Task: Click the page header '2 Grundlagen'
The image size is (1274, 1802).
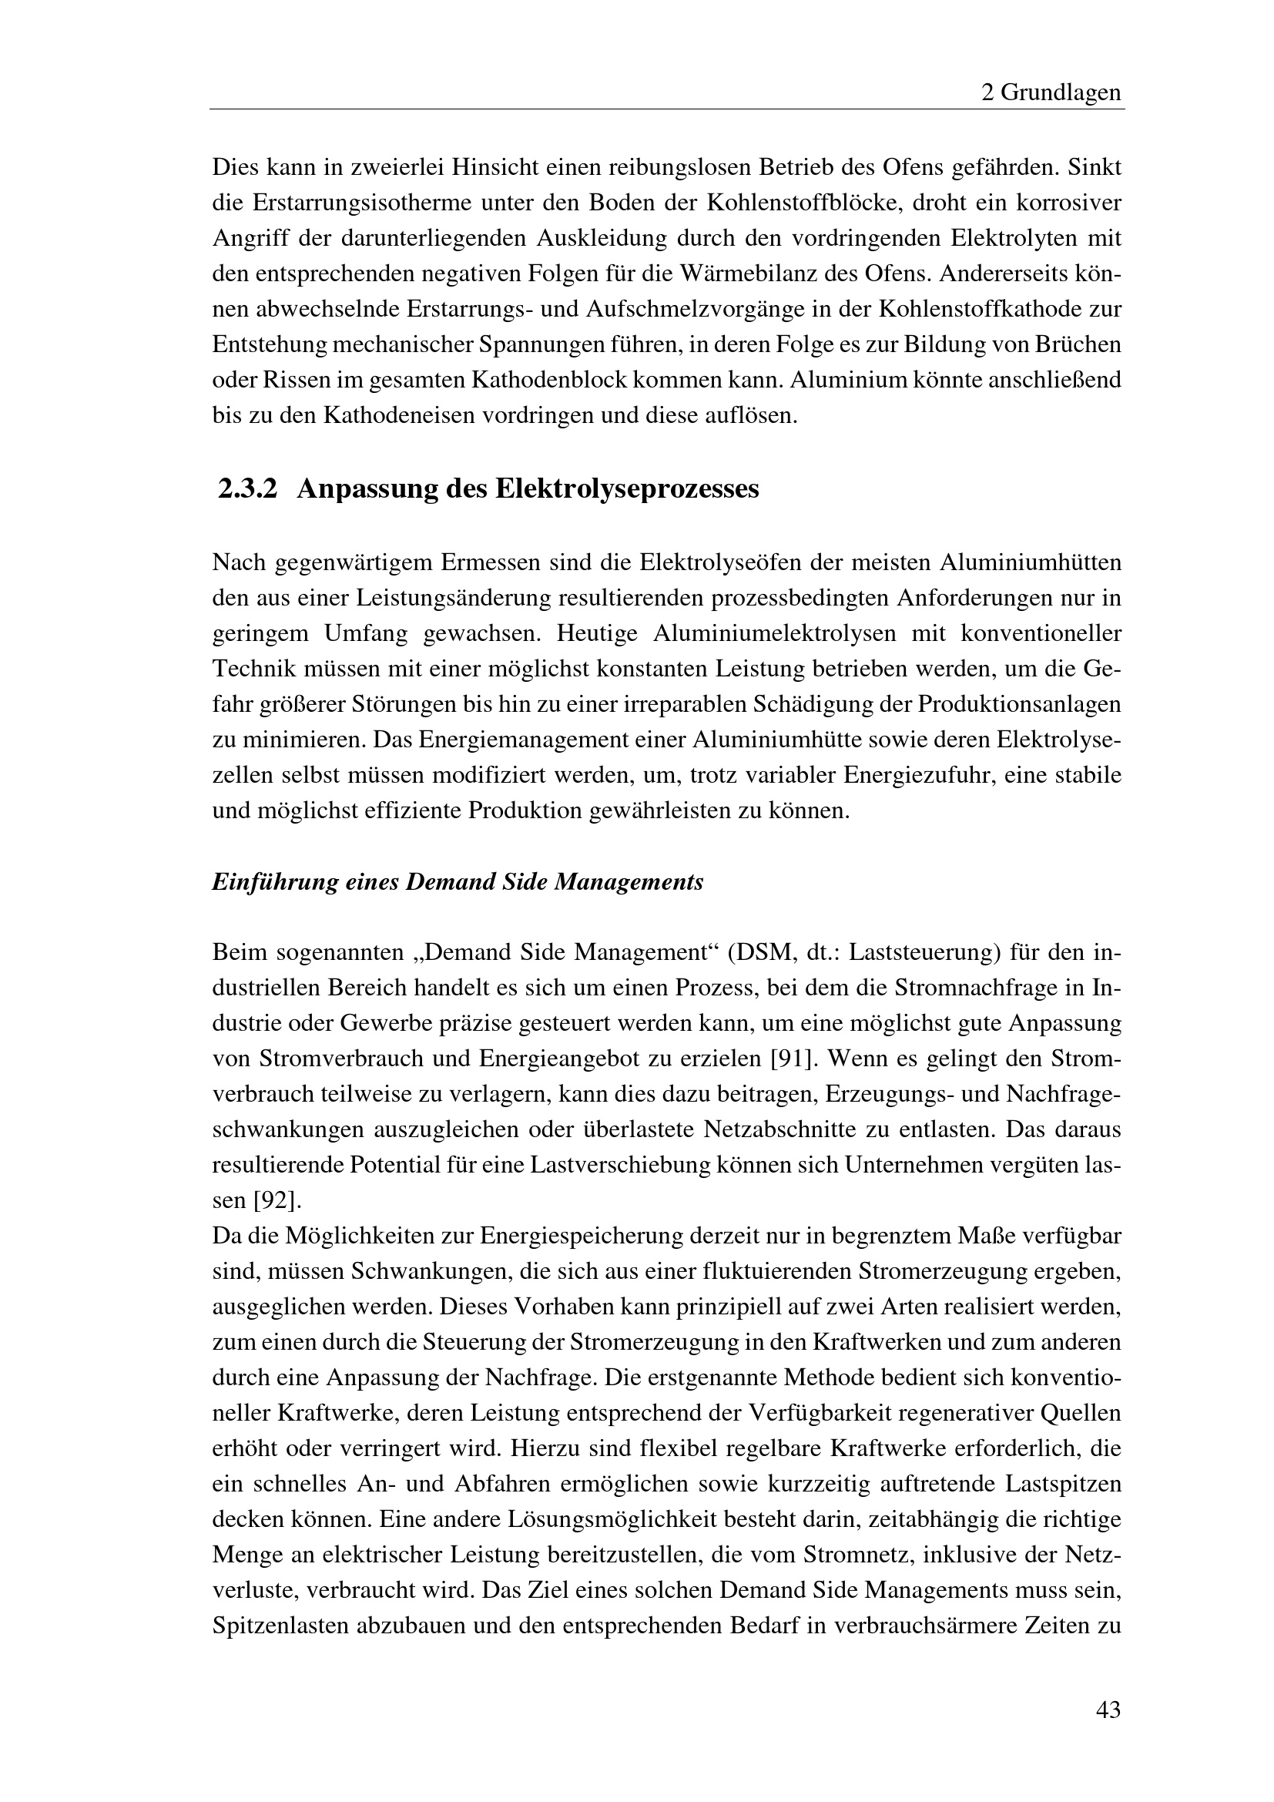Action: click(x=1051, y=93)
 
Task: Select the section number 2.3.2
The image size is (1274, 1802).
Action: click(x=248, y=489)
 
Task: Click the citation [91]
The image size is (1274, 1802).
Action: click(x=794, y=1059)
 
